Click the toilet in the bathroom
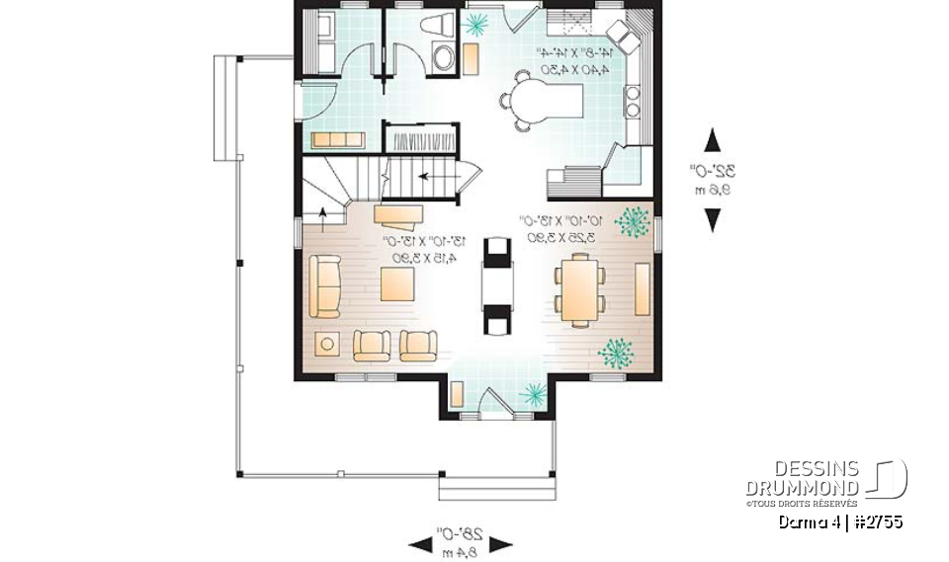(436, 27)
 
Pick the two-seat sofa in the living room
(325, 285)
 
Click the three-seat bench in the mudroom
(339, 139)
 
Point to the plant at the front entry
(533, 395)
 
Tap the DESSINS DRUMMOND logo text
(802, 478)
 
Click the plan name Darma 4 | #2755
(839, 522)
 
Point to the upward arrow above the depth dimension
(712, 140)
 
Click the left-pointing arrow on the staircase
(426, 178)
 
